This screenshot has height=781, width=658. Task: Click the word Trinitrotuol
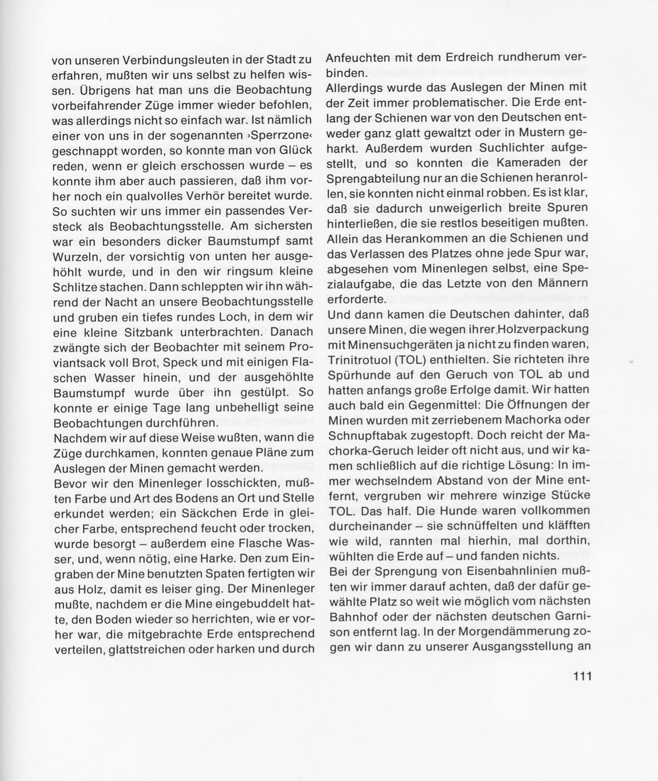[361, 359]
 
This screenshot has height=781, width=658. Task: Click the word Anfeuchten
[358, 58]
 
